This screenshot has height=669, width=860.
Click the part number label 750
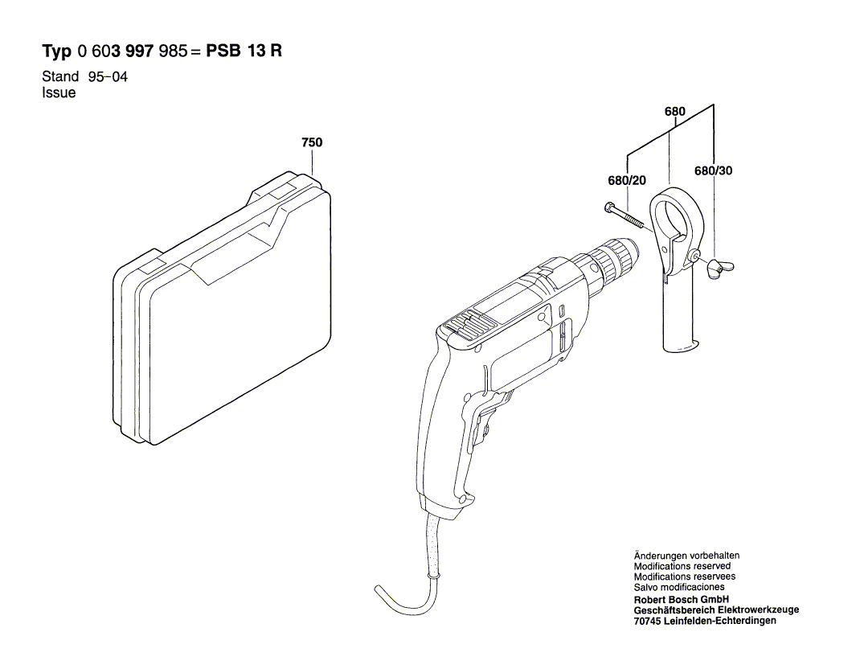coord(312,142)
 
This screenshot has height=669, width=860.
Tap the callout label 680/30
coord(713,171)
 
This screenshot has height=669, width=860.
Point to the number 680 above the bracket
coord(675,113)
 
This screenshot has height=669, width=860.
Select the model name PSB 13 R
coord(244,51)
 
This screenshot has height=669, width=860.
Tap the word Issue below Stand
coord(58,92)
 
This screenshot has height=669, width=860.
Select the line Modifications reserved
coord(682,566)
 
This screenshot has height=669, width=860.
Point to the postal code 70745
coord(649,620)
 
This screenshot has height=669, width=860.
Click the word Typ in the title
coord(56,52)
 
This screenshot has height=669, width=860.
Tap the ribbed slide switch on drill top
coord(466,323)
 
